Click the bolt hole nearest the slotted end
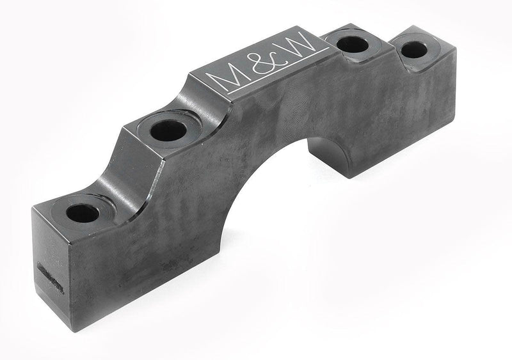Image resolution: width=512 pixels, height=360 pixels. (82, 213)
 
